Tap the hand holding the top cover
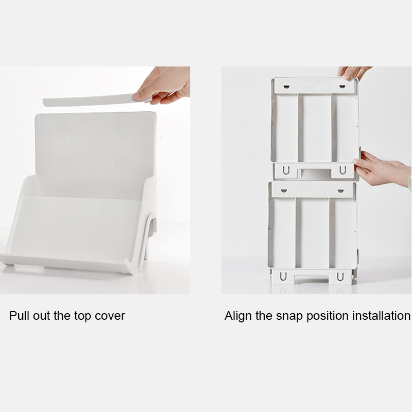click(164, 86)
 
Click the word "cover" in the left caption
click(110, 316)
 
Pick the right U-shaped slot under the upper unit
click(341, 170)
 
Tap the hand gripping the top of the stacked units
click(353, 72)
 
